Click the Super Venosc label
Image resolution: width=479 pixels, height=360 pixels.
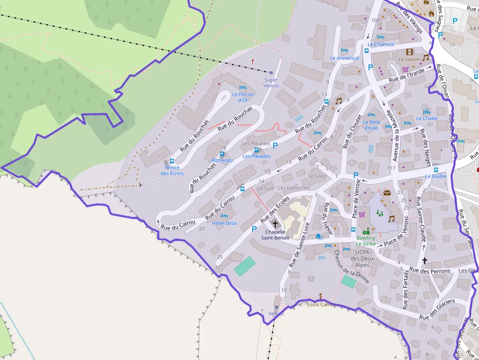[271, 83]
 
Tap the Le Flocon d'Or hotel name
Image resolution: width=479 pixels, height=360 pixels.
[243, 97]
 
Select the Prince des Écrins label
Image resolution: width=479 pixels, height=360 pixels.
[172, 170]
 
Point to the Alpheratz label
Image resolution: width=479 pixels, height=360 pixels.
[222, 160]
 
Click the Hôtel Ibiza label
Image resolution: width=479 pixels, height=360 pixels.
[224, 223]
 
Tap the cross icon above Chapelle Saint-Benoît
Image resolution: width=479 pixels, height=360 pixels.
[275, 224]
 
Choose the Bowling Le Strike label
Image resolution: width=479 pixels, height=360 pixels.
[366, 241]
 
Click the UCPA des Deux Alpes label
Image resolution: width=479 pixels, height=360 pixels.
[362, 258]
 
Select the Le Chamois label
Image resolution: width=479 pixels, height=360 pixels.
[381, 44]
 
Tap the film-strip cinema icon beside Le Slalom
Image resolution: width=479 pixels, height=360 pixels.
[409, 52]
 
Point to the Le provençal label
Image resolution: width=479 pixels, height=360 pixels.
[344, 58]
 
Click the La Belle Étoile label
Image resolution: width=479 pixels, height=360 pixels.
[371, 125]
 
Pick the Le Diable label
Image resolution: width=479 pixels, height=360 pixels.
[435, 176]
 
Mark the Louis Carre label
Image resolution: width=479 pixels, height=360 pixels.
[320, 304]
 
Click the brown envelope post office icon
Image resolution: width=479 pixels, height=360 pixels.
[387, 192]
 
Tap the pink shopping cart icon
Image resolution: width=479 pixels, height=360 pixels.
[362, 214]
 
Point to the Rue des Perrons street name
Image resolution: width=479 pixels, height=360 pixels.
[430, 271]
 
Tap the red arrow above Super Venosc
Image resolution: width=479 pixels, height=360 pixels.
[253, 62]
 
